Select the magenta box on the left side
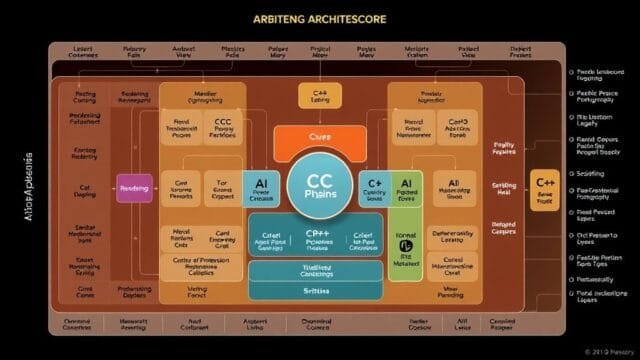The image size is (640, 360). (x=134, y=187)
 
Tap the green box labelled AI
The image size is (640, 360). (x=409, y=189)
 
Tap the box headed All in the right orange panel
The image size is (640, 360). (x=453, y=189)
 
